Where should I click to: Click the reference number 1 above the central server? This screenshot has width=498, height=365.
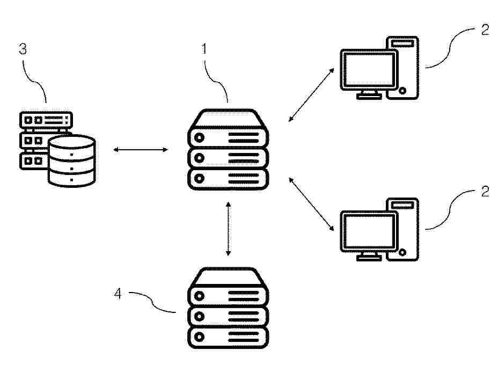(x=204, y=49)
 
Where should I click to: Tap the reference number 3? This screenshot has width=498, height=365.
(x=23, y=49)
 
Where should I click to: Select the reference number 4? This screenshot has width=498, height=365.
(x=118, y=294)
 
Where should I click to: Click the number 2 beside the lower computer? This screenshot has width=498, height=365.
(x=485, y=191)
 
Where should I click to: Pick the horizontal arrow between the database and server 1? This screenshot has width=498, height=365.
(x=141, y=150)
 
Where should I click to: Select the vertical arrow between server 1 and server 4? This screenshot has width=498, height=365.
(x=228, y=229)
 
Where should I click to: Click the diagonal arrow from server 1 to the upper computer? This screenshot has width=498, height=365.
(x=311, y=94)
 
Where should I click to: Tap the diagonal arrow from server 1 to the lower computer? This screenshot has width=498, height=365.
(x=311, y=204)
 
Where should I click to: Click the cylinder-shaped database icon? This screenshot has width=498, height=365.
(x=72, y=160)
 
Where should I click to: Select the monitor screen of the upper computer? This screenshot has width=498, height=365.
(x=369, y=70)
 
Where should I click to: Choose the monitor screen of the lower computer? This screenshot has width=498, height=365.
(x=369, y=231)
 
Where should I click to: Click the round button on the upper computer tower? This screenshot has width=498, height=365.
(x=402, y=91)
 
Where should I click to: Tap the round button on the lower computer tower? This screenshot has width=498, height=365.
(x=402, y=252)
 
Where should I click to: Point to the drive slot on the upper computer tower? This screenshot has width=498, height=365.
(x=402, y=43)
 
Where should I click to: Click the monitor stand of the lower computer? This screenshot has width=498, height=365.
(x=369, y=257)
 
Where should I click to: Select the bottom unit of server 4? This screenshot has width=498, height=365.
(x=228, y=338)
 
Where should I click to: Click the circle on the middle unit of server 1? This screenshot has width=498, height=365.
(x=199, y=158)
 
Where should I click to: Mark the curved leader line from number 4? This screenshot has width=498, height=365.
(x=152, y=302)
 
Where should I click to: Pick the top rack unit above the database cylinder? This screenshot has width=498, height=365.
(x=46, y=120)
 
